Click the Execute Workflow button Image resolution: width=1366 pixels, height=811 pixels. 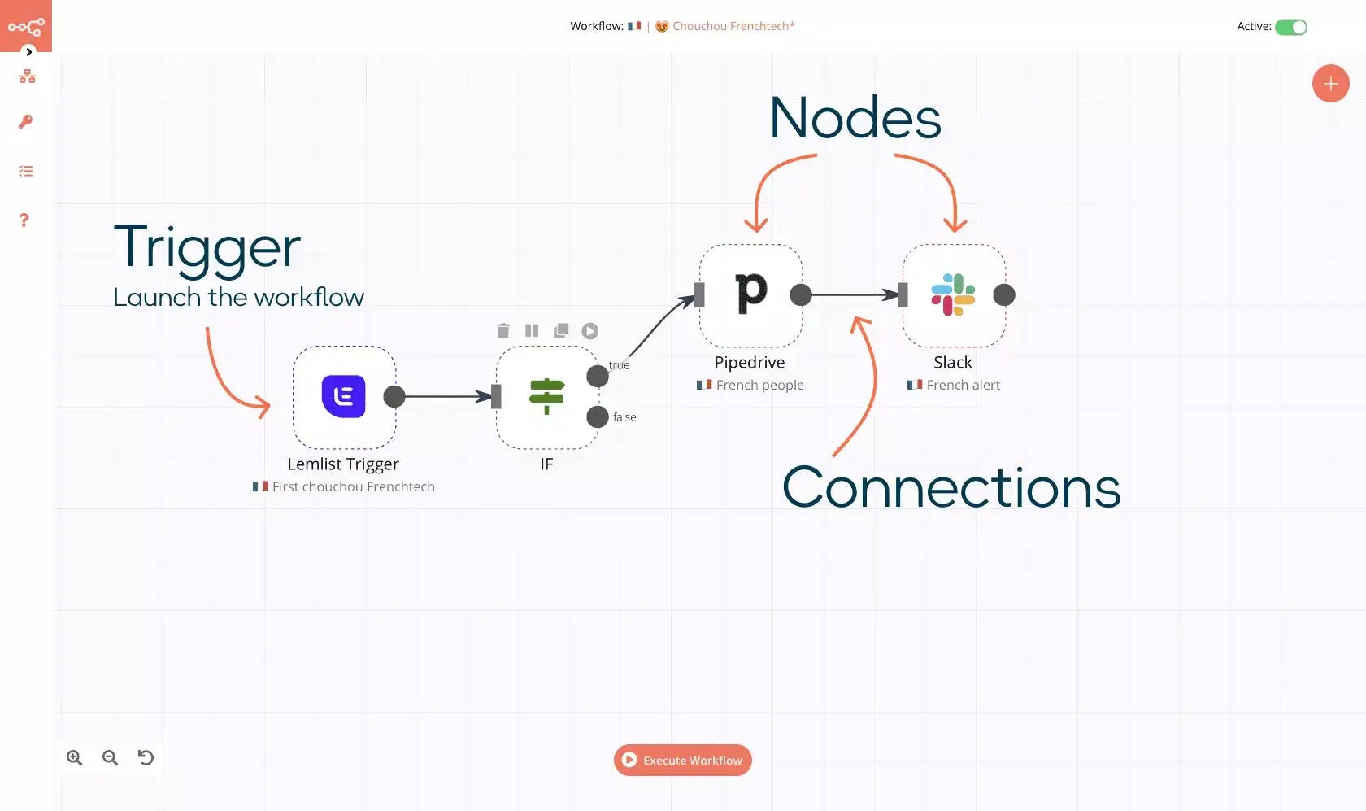[x=682, y=760]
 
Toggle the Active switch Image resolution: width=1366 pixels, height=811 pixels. [x=1290, y=27]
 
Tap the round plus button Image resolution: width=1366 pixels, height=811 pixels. [x=1330, y=84]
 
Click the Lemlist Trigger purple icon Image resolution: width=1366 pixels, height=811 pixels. [x=343, y=396]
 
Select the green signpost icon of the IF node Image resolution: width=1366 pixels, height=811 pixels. [x=546, y=396]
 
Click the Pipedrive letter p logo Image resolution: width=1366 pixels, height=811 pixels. [x=750, y=293]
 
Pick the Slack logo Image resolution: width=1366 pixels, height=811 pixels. [x=953, y=294]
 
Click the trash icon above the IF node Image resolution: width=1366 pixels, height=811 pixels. [x=503, y=331]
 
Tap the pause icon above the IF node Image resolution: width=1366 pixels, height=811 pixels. [x=532, y=331]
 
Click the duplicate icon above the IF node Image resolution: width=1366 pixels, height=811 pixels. [x=561, y=331]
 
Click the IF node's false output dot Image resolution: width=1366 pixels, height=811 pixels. [x=598, y=416]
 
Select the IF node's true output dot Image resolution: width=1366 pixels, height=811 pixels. [x=598, y=376]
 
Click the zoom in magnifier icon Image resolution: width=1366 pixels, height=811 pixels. [x=75, y=757]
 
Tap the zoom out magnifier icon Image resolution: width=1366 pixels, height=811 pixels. [x=110, y=757]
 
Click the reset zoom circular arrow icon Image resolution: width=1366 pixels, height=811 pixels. [x=146, y=757]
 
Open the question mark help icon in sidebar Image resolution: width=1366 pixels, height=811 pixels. [x=24, y=220]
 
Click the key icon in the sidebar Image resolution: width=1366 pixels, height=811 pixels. [x=26, y=121]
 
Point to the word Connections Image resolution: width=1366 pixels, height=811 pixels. [x=951, y=487]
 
